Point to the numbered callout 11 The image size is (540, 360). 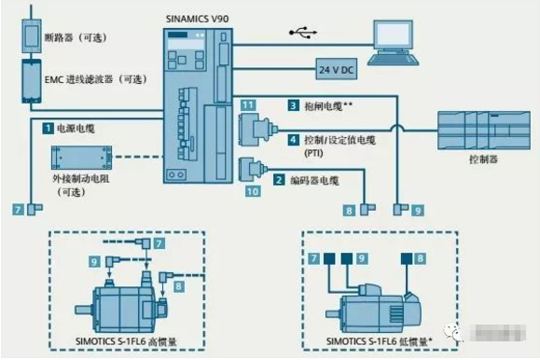click(x=247, y=108)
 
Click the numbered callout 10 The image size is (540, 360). click(x=252, y=192)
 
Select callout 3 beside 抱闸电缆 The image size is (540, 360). click(x=293, y=106)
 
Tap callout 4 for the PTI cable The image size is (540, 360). click(x=293, y=141)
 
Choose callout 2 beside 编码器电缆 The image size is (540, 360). click(x=278, y=177)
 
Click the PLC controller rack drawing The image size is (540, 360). click(x=483, y=128)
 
